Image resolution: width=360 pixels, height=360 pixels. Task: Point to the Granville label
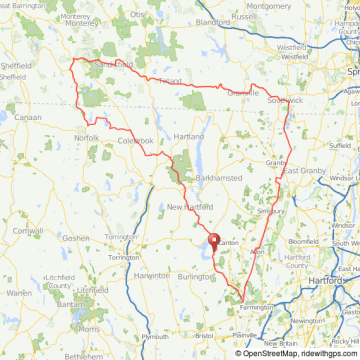[x=243, y=93]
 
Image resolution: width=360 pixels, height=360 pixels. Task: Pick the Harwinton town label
[x=152, y=275]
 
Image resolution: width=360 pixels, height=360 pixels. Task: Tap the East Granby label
[x=304, y=171]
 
